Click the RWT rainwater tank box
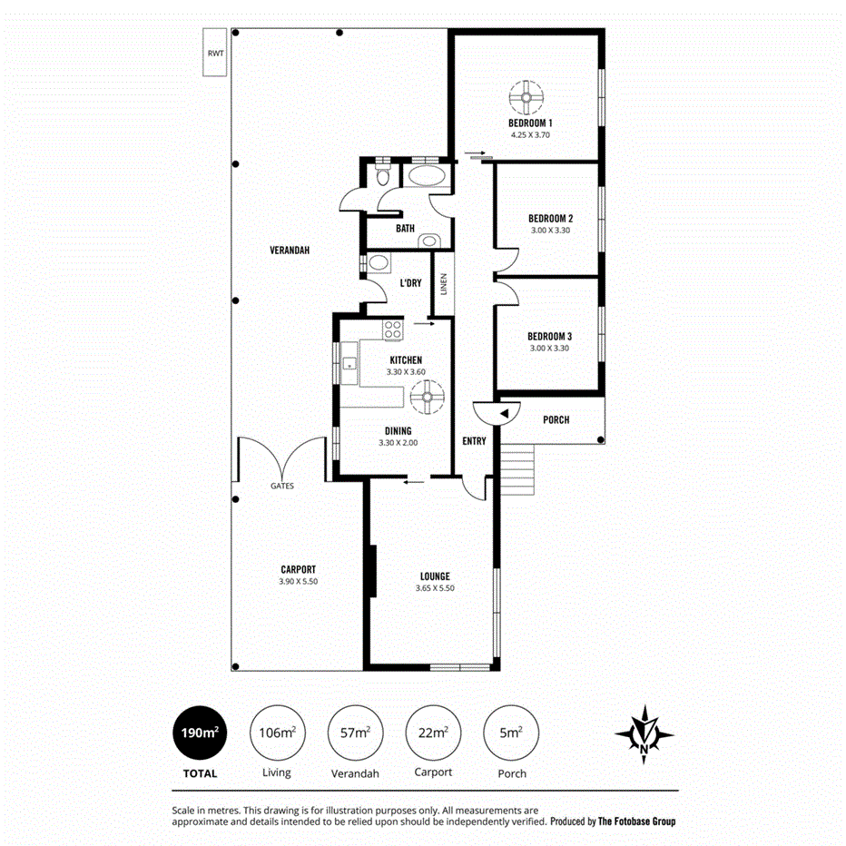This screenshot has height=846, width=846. tap(215, 54)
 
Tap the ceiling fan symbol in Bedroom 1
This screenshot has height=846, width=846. tap(526, 96)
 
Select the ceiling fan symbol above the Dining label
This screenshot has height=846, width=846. tap(426, 398)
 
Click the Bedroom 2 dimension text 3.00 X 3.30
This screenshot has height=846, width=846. tap(550, 231)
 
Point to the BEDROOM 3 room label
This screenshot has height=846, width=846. tap(550, 335)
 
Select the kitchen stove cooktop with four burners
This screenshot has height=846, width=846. tap(393, 330)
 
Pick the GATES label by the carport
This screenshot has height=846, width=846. tap(281, 486)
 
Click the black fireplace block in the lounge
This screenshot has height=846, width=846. tap(372, 570)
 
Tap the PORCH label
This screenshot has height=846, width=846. tap(556, 419)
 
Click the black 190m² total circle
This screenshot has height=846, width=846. tap(199, 733)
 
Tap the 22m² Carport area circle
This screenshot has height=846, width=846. tap(433, 733)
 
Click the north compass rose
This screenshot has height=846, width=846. tap(644, 733)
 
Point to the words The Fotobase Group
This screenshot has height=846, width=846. tap(636, 821)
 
